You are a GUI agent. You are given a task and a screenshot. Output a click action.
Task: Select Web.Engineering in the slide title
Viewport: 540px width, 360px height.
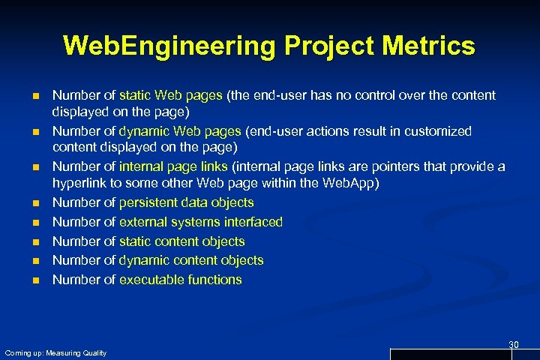coord(169,46)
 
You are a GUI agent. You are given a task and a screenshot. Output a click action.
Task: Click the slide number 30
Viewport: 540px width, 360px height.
coord(514,344)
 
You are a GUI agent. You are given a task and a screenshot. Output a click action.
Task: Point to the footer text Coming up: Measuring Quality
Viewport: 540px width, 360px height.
coord(55,352)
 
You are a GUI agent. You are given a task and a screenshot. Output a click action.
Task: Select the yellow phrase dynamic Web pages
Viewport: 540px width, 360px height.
coord(180,131)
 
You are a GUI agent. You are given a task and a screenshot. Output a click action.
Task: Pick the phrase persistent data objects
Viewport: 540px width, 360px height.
coord(187,202)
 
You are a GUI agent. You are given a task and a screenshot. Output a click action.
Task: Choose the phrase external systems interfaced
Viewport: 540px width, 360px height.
coord(201,222)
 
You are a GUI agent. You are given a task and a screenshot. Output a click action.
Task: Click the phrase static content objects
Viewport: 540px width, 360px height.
coord(182,241)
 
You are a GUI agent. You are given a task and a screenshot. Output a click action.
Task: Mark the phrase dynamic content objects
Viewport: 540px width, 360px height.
coord(191,260)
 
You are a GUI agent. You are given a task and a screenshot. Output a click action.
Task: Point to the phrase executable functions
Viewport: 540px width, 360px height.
coord(181,280)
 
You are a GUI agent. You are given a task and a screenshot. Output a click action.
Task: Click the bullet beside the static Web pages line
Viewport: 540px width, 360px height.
coord(35,96)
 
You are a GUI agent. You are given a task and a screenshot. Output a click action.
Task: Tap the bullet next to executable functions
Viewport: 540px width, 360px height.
coord(35,280)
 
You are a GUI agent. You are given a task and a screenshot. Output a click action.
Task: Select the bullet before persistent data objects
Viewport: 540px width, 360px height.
coord(35,203)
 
